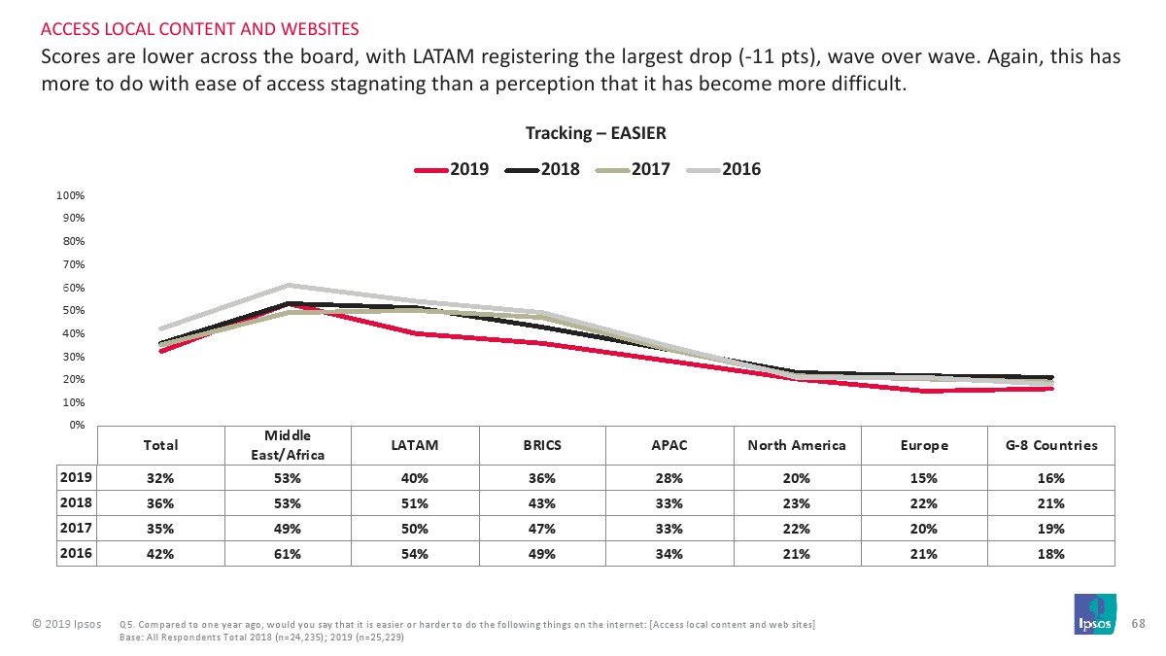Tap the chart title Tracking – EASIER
pos(596,133)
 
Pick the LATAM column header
pos(415,445)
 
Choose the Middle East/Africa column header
pos(288,445)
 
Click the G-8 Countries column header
pos(1051,445)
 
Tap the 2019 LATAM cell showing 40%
pos(415,478)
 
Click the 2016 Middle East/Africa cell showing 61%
pos(288,554)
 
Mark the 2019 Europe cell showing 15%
pos(924,478)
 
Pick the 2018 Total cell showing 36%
pos(160,503)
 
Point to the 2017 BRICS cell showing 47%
pos(542,529)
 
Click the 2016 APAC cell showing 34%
pos(669,554)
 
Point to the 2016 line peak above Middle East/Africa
pos(288,285)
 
